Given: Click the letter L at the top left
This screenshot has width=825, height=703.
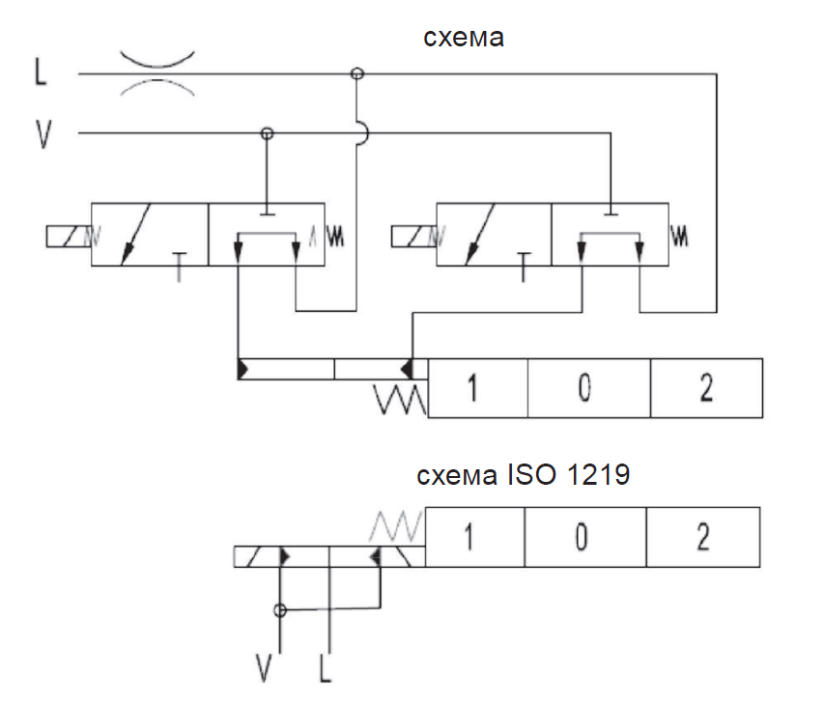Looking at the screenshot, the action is (41, 71).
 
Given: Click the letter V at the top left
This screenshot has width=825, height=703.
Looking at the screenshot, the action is (43, 134).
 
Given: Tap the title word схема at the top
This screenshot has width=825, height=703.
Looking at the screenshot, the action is (464, 38).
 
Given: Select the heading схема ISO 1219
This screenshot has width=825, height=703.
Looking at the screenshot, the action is (523, 474).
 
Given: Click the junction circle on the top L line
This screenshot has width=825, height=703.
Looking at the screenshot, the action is (357, 73).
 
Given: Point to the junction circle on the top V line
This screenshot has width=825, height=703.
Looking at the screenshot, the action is (268, 133).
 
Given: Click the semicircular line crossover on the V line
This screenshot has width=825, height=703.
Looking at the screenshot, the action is (363, 133).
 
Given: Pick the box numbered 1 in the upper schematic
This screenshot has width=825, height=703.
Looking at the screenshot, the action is (478, 388).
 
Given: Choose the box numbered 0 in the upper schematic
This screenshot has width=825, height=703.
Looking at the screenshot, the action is (589, 388).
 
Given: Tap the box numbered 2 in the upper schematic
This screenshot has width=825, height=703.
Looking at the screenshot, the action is (706, 388).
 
